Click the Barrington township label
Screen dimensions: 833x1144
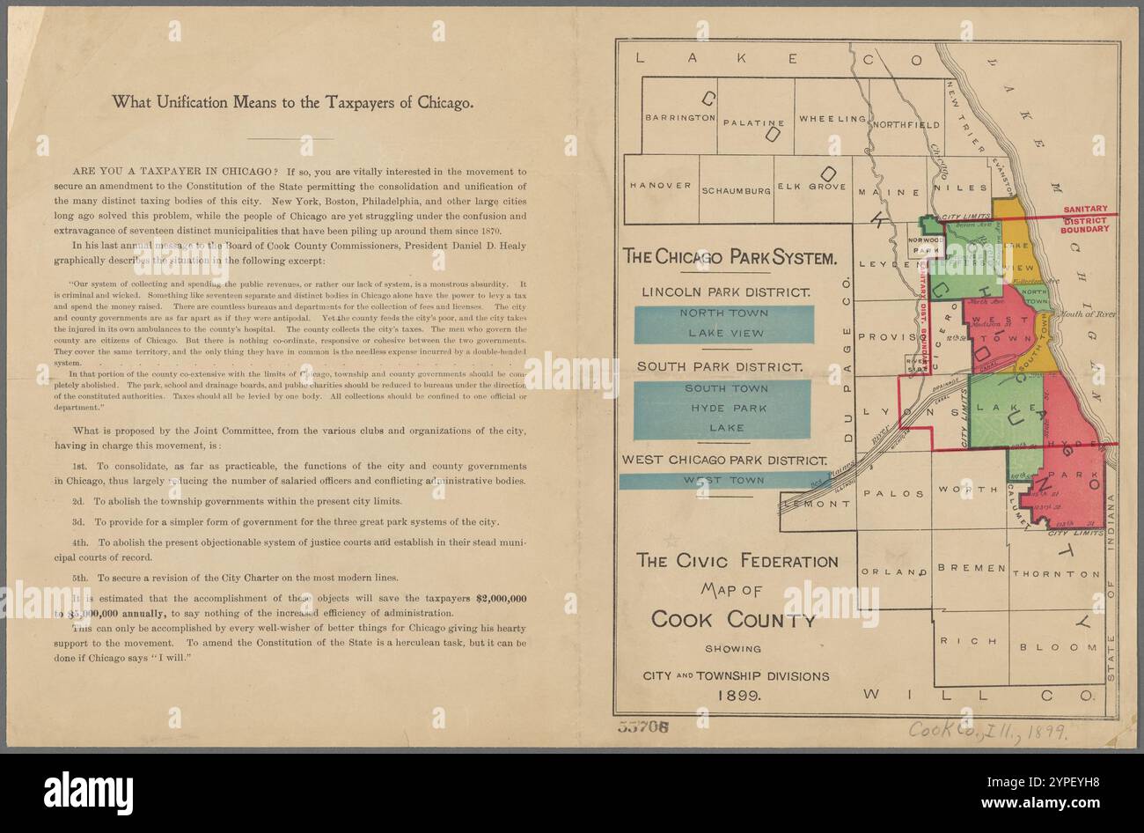pyautogui.click(x=679, y=117)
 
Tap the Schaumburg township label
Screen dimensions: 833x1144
pyautogui.click(x=737, y=190)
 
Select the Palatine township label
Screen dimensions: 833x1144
pyautogui.click(x=753, y=122)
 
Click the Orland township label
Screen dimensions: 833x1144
pyautogui.click(x=893, y=571)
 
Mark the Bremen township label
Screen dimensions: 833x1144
pyautogui.click(x=971, y=568)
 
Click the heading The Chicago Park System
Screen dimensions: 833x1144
pyautogui.click(x=729, y=257)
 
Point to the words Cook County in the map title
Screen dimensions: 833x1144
pyautogui.click(x=733, y=619)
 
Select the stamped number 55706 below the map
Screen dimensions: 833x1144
pyautogui.click(x=644, y=727)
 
